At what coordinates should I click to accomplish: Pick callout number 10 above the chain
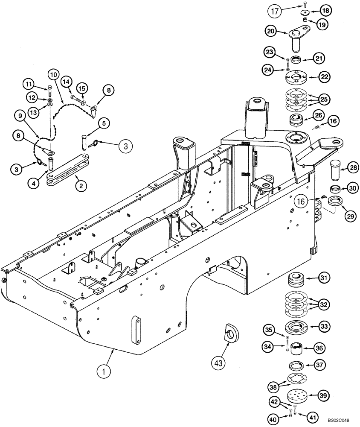pos(52,75)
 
